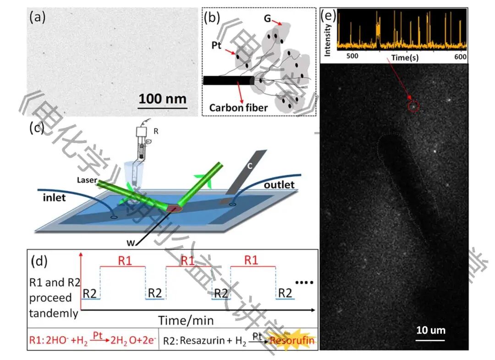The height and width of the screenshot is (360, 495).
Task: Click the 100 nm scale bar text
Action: [x=163, y=98]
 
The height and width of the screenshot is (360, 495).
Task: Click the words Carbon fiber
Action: [x=238, y=108]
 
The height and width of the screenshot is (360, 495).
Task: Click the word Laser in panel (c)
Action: [x=87, y=180]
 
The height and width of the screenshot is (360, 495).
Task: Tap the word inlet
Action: [x=53, y=198]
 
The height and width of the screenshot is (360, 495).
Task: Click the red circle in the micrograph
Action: [x=413, y=106]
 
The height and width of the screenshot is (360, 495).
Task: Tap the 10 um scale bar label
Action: [x=430, y=330]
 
